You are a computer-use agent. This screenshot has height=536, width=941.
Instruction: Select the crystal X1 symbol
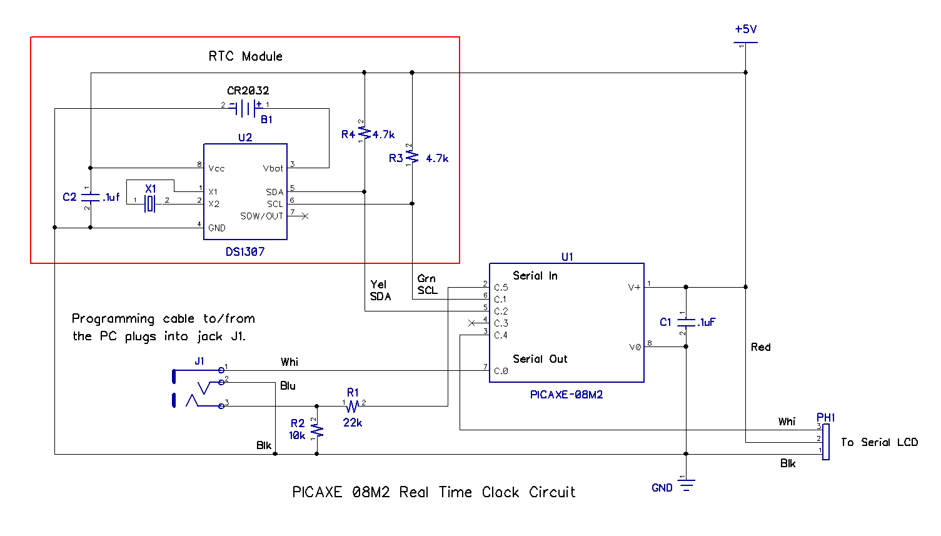[149, 203]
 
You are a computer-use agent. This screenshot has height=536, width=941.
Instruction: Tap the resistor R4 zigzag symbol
[365, 133]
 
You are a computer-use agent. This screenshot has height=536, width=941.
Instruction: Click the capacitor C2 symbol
[91, 198]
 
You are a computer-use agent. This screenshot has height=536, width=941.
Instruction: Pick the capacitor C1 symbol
[686, 323]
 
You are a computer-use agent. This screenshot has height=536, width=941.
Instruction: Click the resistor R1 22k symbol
[353, 406]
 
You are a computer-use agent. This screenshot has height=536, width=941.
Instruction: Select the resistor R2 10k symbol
[317, 430]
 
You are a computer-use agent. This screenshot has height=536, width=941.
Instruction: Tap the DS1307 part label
[245, 251]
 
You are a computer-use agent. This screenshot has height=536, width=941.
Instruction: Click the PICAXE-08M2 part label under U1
[566, 395]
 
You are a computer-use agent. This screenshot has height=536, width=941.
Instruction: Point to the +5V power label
[745, 29]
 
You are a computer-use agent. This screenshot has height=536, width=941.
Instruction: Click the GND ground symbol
[687, 485]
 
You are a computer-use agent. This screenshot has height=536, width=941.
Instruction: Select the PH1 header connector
[825, 442]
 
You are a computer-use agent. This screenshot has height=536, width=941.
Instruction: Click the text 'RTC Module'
[245, 56]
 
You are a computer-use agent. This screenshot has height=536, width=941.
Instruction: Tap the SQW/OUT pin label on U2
[261, 216]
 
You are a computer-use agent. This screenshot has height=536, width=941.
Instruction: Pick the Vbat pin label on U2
[273, 168]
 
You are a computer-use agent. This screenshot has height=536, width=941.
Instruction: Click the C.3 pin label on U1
[501, 323]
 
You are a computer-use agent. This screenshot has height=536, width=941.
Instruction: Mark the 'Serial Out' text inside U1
[540, 359]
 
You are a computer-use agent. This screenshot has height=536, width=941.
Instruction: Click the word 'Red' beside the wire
[761, 347]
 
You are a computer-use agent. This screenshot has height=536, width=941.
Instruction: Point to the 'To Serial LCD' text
[879, 442]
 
